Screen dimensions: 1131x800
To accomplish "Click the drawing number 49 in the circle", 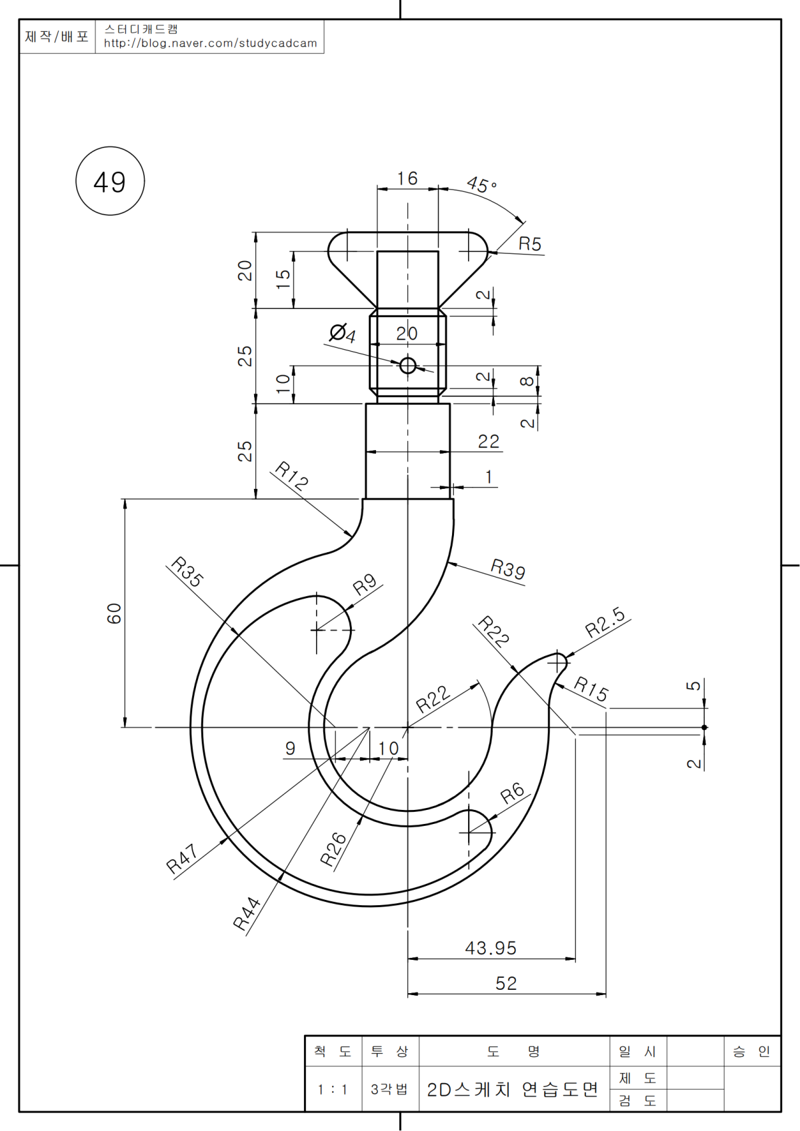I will [x=110, y=182].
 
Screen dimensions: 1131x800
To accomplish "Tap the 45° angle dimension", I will [x=481, y=185].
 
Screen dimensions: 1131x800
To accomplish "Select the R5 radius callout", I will [x=530, y=244].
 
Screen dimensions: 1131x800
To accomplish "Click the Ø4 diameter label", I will [x=343, y=333].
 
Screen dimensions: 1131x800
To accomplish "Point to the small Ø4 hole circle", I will [x=407, y=366].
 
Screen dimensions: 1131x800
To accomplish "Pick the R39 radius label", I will [x=508, y=569].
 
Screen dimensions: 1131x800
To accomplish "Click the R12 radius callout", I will [x=292, y=476].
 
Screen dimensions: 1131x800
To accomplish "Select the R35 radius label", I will [x=187, y=571].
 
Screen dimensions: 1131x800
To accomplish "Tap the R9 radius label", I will [x=365, y=585].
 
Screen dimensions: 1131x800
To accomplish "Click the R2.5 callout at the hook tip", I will [x=605, y=621].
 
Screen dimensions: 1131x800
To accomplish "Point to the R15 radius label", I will [x=591, y=689].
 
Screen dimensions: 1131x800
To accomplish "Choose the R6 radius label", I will [x=513, y=793].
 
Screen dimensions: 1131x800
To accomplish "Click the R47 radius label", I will [x=182, y=859].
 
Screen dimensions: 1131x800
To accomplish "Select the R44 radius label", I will [x=247, y=913].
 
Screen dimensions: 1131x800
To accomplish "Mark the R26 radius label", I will [x=333, y=849].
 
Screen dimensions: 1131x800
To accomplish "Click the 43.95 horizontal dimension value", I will [x=491, y=948].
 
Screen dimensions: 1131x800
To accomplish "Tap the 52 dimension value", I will [x=506, y=983].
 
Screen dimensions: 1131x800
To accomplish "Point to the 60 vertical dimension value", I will [x=115, y=613].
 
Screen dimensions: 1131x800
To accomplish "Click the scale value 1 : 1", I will [x=332, y=1090].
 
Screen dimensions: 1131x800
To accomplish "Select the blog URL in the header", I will [x=211, y=43].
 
